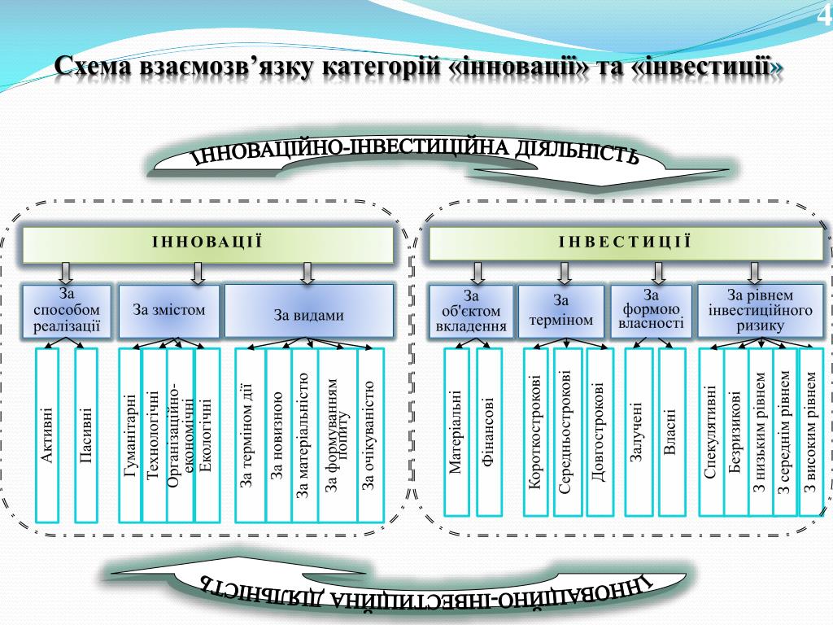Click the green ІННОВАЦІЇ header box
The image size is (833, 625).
tap(207, 243)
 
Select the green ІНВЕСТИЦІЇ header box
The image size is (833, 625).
tap(626, 243)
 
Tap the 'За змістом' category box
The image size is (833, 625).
tap(169, 311)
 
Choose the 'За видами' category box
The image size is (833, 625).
tap(308, 313)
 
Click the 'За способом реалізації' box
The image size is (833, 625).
tap(67, 311)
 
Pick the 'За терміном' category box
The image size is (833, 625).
tap(561, 312)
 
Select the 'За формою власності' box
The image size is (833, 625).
tap(651, 311)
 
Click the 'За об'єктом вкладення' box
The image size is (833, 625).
tap(472, 312)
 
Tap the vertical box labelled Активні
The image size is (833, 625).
tap(48, 435)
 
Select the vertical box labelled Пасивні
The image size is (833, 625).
tap(86, 435)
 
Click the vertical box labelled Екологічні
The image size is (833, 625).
tap(207, 435)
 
